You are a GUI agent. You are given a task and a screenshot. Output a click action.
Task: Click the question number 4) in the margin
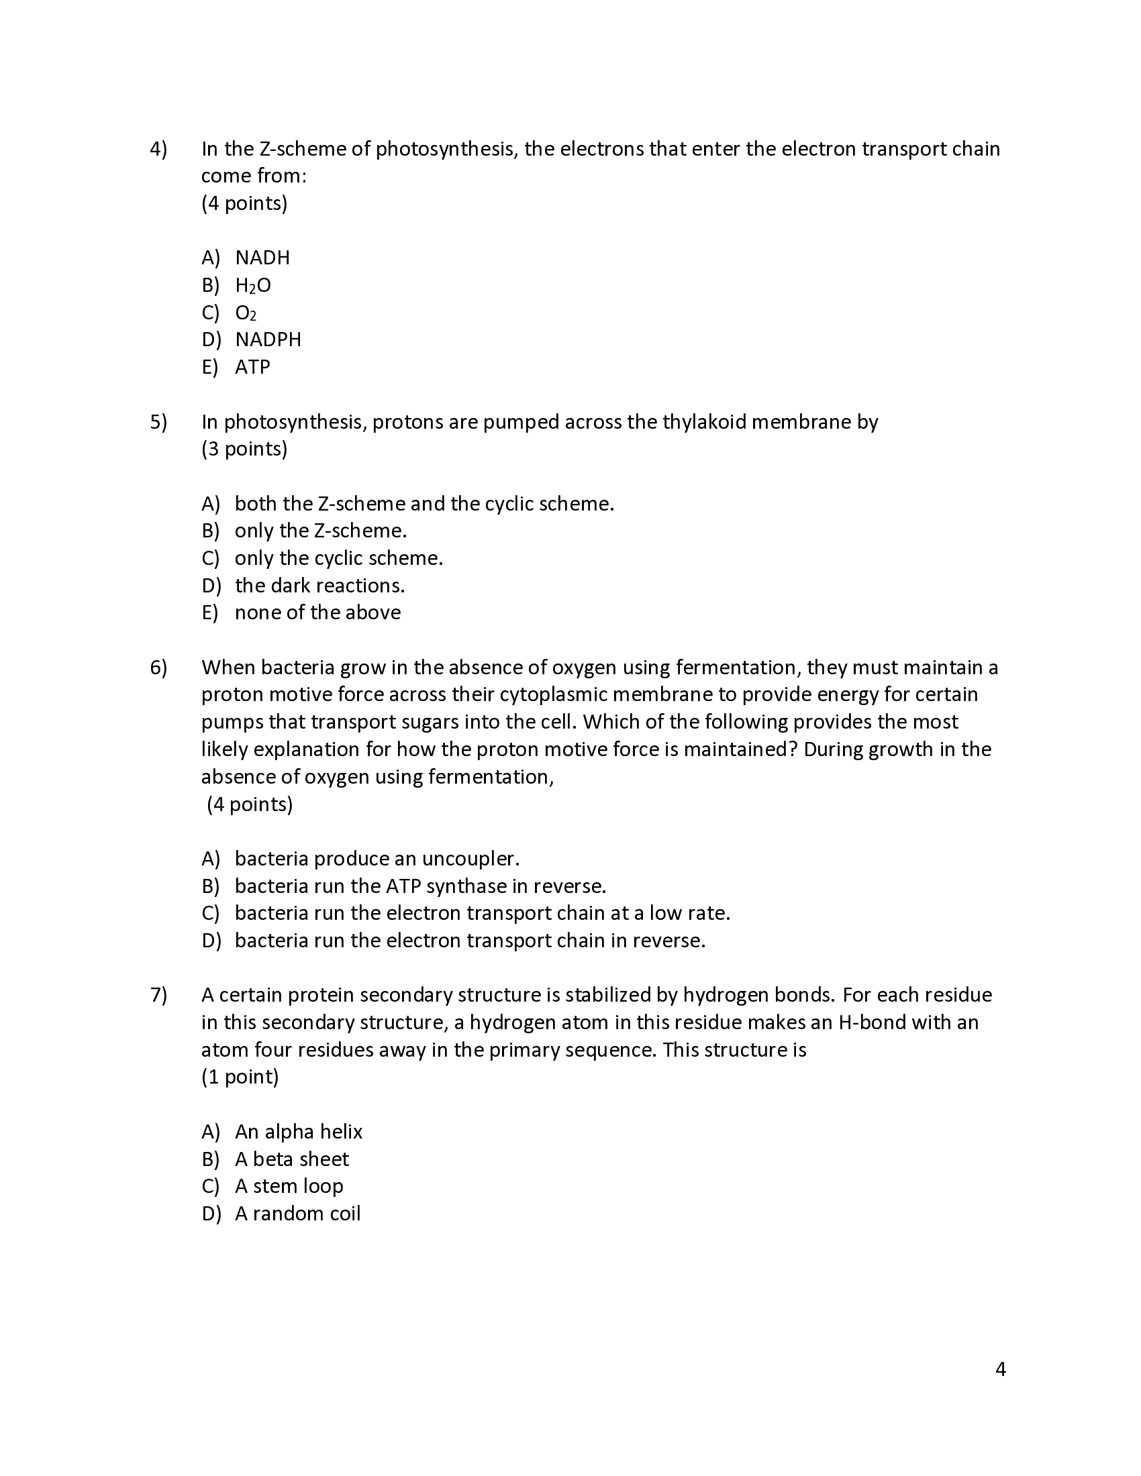point(158,149)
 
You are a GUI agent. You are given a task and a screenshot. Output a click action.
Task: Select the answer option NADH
point(262,258)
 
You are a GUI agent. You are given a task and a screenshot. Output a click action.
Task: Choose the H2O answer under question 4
point(252,285)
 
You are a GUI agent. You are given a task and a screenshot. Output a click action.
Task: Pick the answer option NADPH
point(268,339)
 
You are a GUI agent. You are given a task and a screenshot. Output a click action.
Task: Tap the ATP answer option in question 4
point(252,367)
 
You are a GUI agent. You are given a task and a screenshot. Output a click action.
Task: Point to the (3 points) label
point(244,449)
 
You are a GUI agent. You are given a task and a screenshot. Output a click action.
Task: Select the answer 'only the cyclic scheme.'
point(338,558)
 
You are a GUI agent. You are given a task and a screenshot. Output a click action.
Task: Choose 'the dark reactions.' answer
point(319,585)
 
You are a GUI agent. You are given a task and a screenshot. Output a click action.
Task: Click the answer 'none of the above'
point(317,613)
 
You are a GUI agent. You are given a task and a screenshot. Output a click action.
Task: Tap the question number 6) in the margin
point(158,668)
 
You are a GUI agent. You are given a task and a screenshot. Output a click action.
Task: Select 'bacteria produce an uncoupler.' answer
point(377,859)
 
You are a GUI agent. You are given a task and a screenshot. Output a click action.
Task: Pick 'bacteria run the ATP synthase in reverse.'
point(419,886)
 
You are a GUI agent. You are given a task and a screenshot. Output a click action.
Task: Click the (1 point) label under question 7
point(240,1077)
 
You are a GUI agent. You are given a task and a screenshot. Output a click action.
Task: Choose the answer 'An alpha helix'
point(298,1132)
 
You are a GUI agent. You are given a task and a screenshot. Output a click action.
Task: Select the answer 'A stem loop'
point(289,1186)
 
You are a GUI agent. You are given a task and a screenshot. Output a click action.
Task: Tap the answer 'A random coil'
point(297,1214)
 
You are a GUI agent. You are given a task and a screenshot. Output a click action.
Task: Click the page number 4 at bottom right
point(1001,1370)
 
